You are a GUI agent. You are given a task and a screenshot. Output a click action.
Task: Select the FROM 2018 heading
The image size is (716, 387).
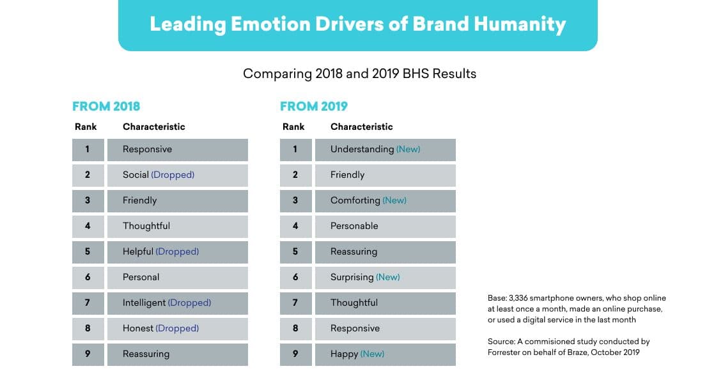point(106,106)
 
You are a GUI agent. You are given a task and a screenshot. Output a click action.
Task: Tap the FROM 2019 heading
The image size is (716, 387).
point(314,106)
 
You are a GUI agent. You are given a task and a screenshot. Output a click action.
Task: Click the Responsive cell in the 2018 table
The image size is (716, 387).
point(177,150)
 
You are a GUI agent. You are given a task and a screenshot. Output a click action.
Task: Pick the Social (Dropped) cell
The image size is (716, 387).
point(177,175)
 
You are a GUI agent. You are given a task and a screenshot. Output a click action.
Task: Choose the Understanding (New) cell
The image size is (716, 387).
point(385,150)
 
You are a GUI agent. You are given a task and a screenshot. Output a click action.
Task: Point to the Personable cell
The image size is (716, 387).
point(385,226)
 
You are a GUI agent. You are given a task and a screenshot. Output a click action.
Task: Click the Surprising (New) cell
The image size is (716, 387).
point(385,278)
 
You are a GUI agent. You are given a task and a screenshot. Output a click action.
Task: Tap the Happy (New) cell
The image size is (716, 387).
point(385,354)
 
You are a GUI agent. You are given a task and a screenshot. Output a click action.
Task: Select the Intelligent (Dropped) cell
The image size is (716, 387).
point(177,303)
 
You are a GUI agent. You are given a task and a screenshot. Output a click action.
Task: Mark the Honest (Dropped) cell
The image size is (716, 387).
point(177,329)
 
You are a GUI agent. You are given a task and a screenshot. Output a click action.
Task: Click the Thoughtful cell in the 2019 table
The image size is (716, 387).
point(385,303)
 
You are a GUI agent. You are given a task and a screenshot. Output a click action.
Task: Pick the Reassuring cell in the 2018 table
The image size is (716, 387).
point(177,354)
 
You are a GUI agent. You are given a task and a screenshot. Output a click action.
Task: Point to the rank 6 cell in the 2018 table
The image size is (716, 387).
point(88,278)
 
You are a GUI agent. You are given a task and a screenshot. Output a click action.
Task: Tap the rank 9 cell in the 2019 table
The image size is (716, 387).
point(295,354)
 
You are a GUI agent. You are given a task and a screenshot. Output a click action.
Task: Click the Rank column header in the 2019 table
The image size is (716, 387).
point(293,127)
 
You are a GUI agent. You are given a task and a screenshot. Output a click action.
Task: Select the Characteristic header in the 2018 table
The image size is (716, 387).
point(154,127)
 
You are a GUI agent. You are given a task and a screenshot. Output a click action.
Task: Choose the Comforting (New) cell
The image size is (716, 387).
point(385,201)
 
